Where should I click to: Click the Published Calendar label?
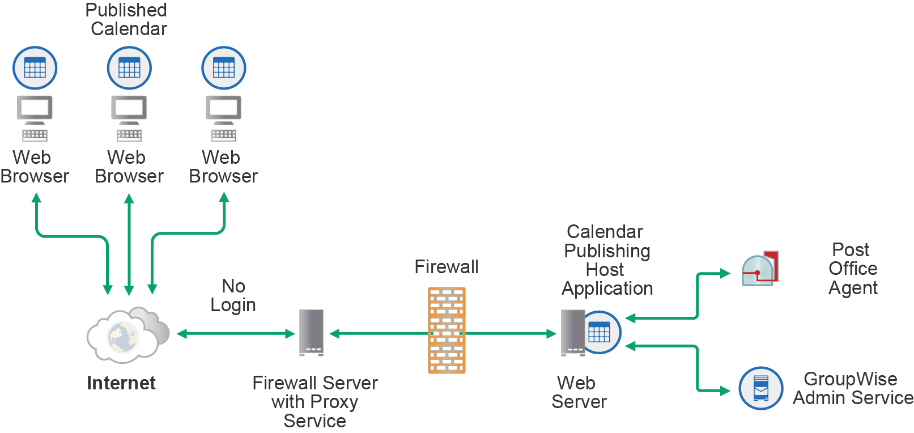click(126, 19)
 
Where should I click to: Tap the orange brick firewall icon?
click(447, 330)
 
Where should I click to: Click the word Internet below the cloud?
click(121, 383)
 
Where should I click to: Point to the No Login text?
click(233, 295)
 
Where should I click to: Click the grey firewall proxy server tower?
click(311, 332)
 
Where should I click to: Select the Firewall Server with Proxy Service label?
click(314, 402)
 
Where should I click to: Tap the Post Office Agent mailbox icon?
click(760, 268)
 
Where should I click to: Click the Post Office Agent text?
click(852, 269)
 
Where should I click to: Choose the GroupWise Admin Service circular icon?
click(760, 388)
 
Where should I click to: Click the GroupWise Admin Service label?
click(852, 388)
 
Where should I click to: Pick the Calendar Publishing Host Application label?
click(606, 260)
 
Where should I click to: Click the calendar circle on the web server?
click(600, 332)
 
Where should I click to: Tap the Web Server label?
click(578, 392)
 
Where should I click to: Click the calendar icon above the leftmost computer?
click(35, 68)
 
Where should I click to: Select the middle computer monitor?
click(129, 108)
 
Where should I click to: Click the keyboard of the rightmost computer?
click(223, 135)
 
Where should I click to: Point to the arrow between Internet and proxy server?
click(235, 334)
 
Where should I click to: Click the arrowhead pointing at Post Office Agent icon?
click(725, 274)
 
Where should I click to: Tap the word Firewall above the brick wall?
click(446, 267)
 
